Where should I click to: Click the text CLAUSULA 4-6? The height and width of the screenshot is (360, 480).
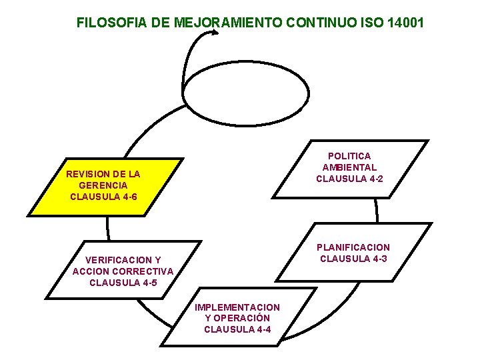103,197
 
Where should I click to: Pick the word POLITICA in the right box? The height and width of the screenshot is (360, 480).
349,156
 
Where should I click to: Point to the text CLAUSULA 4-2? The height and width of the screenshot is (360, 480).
349,179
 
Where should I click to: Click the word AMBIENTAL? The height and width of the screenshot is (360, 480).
349,167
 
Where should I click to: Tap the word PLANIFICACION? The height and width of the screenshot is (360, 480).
353,247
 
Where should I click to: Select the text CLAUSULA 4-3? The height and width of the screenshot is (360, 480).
353,259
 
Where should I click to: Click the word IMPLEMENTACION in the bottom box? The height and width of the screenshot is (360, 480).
237,307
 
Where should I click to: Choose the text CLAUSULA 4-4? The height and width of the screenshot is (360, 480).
237,329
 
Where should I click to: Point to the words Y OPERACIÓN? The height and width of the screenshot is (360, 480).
237,318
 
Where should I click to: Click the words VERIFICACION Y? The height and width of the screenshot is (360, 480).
123,259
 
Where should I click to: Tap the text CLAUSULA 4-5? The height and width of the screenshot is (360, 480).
123,282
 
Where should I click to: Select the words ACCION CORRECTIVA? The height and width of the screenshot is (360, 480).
123,271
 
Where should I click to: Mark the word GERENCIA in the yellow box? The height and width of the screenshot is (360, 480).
103,185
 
